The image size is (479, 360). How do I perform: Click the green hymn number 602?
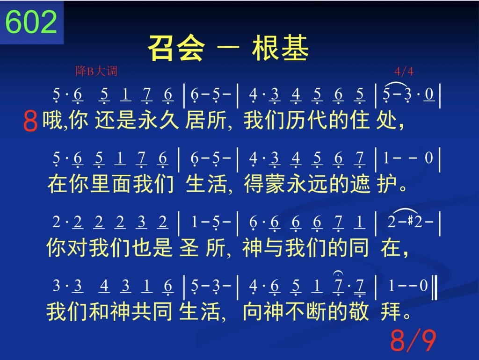point(31,22)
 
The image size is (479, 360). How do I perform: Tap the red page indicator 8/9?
point(413,340)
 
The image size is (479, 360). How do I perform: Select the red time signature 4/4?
point(404,72)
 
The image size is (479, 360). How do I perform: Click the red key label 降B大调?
point(96,71)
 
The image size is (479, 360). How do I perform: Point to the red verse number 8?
point(30,121)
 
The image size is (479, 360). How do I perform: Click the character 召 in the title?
point(161,48)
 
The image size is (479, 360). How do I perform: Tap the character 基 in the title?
point(295,48)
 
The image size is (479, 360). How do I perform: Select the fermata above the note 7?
point(338,273)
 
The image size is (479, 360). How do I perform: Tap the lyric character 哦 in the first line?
point(52,120)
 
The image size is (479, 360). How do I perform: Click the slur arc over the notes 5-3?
point(397,84)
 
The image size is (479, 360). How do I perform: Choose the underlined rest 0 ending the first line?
point(429,94)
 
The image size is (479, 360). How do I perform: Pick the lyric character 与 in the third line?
point(274,247)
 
